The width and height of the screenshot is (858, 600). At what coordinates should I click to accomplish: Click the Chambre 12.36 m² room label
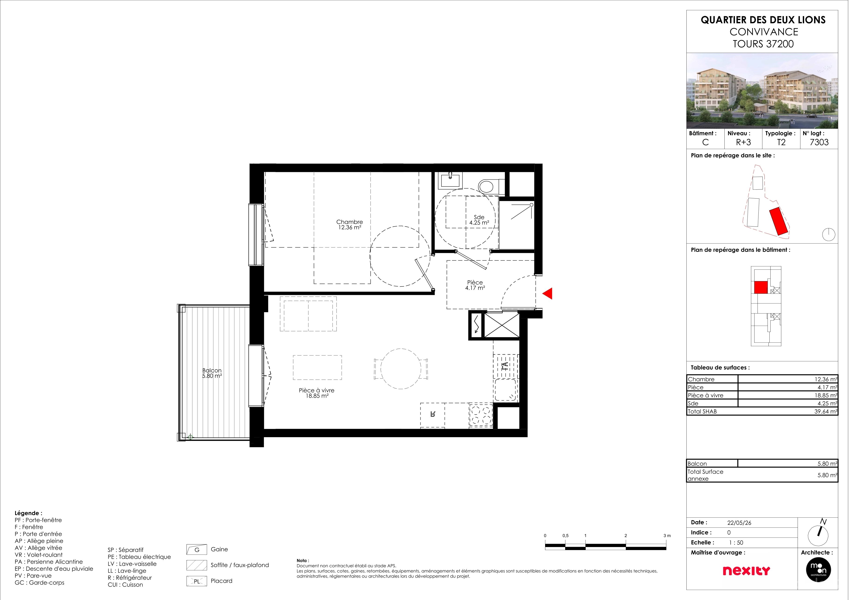[x=353, y=227]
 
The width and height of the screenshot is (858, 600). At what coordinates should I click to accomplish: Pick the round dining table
[x=405, y=373]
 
